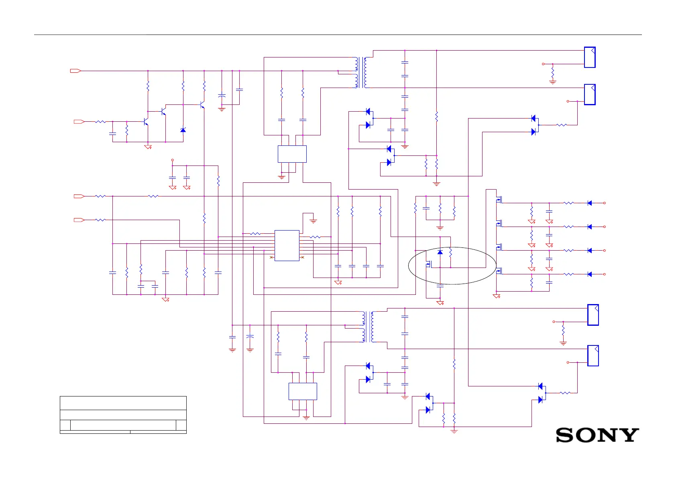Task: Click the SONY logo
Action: pyautogui.click(x=597, y=435)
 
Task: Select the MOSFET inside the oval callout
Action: pyautogui.click(x=429, y=264)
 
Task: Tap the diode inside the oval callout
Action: pyautogui.click(x=440, y=252)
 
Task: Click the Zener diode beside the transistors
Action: pyautogui.click(x=183, y=130)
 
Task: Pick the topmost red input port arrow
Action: pyautogui.click(x=75, y=71)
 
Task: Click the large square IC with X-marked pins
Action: pyautogui.click(x=287, y=245)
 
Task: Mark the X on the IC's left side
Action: pyautogui.click(x=271, y=257)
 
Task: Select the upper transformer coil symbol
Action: pyautogui.click(x=360, y=72)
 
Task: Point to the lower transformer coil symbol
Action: pyautogui.click(x=368, y=327)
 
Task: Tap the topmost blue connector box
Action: pyautogui.click(x=589, y=57)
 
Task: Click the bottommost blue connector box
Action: pyautogui.click(x=593, y=355)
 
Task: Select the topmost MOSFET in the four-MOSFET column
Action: pyautogui.click(x=499, y=199)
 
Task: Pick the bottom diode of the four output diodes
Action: pyautogui.click(x=589, y=274)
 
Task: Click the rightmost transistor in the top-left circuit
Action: pyautogui.click(x=202, y=105)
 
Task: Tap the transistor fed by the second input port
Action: pyautogui.click(x=146, y=121)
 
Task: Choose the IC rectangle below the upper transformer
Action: pyautogui.click(x=292, y=154)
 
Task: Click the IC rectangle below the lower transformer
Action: pyautogui.click(x=303, y=391)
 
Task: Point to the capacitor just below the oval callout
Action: pyautogui.click(x=440, y=286)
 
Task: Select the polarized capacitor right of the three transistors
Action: pyautogui.click(x=222, y=96)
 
